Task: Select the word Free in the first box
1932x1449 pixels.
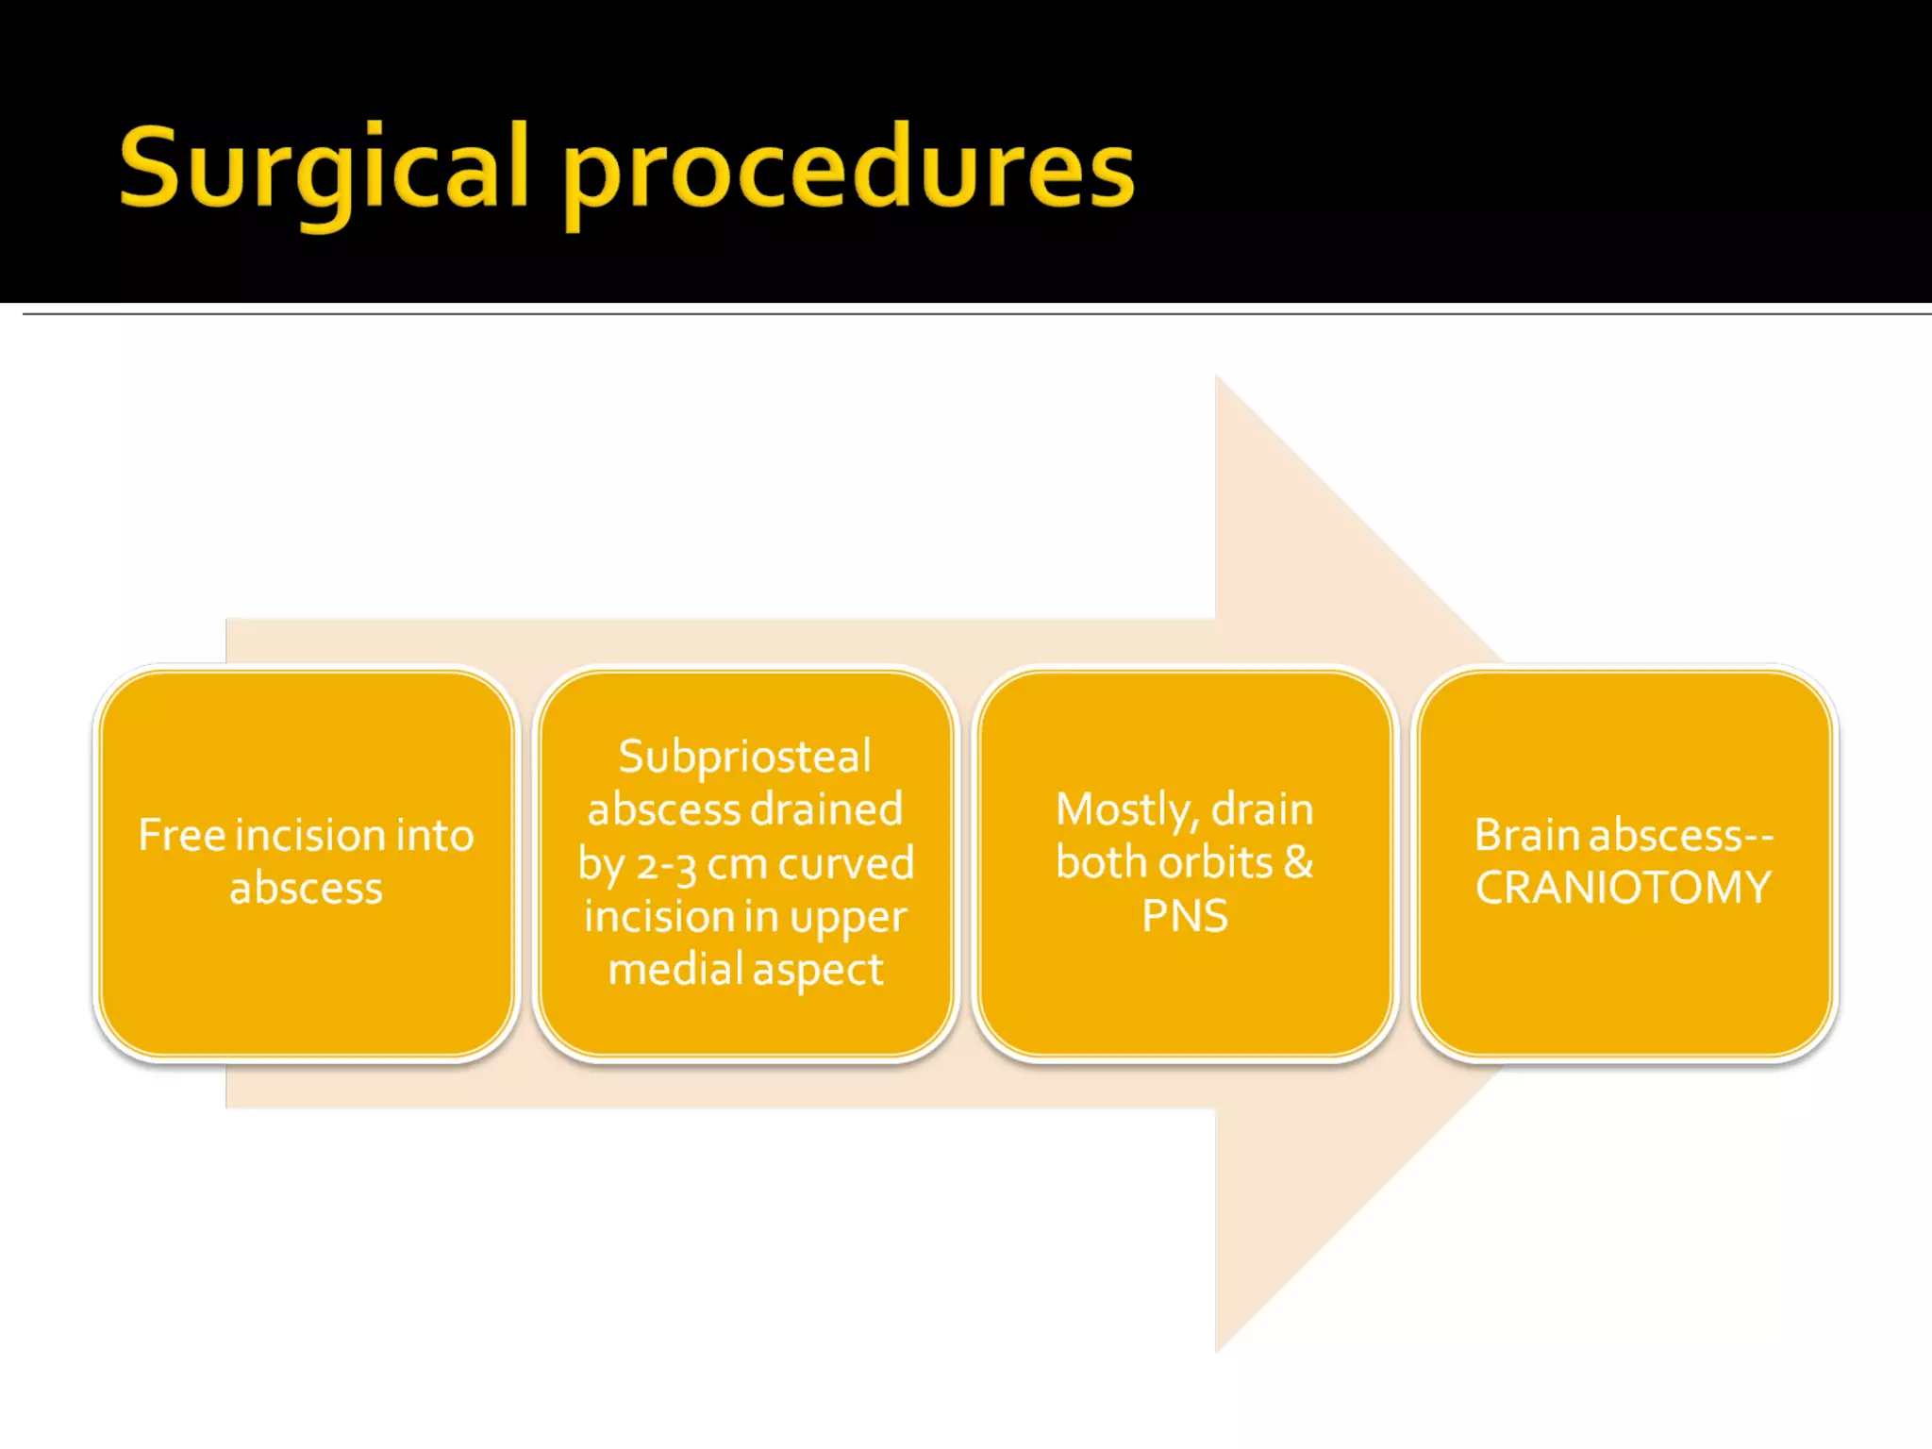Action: [182, 835]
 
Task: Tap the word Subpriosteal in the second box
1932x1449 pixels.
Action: [745, 757]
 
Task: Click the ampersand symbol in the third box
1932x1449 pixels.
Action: [1298, 862]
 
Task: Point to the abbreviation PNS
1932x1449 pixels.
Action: [1185, 916]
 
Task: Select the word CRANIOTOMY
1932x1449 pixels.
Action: [1624, 888]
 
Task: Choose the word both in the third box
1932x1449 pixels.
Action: [1102, 862]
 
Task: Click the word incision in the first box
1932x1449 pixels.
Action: [308, 835]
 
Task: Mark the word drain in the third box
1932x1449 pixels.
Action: [1262, 809]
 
